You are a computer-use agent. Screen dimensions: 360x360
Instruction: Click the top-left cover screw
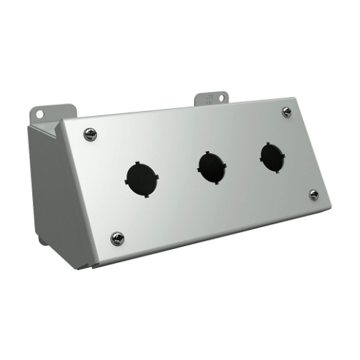[x=90, y=133]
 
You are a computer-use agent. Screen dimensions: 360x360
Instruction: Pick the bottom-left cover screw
[x=117, y=238]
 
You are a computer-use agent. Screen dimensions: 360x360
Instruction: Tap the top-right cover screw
[x=287, y=112]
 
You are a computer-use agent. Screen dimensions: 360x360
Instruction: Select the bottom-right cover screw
[x=314, y=194]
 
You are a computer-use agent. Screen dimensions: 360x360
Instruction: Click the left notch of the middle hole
[x=198, y=167]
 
